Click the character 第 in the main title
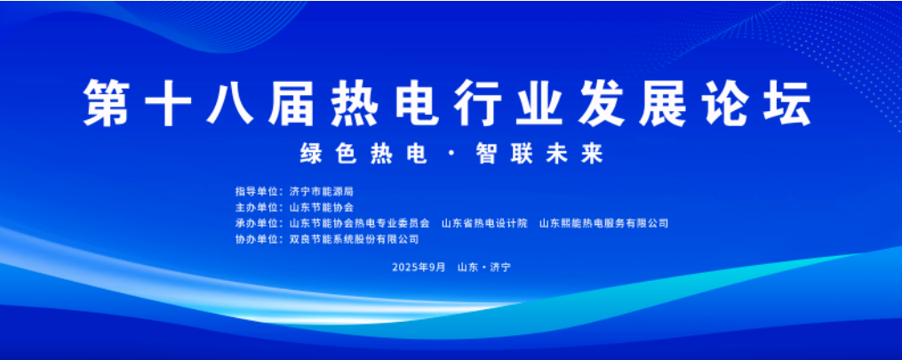click(107, 103)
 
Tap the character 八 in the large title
click(229, 103)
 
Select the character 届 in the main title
click(291, 103)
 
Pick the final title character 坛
click(787, 103)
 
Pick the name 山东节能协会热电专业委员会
click(359, 223)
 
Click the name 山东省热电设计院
click(484, 223)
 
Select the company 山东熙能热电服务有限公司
click(603, 223)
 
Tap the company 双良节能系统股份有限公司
click(354, 239)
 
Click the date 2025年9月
click(419, 268)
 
